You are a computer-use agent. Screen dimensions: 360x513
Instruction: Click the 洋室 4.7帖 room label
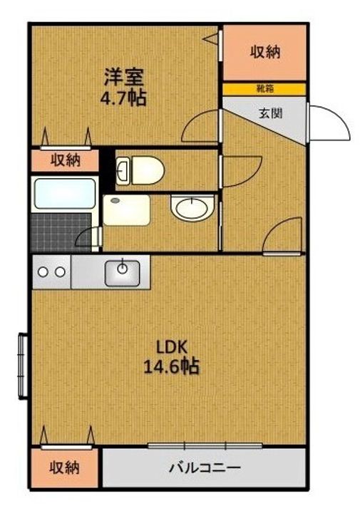(x=123, y=87)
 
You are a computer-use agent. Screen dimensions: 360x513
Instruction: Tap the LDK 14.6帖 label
(x=172, y=357)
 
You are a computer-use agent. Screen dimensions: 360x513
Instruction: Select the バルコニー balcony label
(x=205, y=468)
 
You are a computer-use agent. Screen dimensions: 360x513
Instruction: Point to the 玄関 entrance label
(x=270, y=113)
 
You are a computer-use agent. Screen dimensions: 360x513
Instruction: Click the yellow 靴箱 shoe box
(x=264, y=89)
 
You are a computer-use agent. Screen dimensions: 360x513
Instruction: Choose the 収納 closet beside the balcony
(x=64, y=468)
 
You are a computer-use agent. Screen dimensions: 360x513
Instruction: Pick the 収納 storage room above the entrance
(x=264, y=53)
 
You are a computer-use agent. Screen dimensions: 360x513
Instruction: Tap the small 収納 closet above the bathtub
(x=65, y=160)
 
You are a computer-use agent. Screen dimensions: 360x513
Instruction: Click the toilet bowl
(x=140, y=170)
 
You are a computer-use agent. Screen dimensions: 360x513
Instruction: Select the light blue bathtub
(x=65, y=194)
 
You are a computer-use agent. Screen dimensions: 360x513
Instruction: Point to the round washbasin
(x=192, y=208)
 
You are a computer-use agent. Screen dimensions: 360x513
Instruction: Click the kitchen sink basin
(x=123, y=273)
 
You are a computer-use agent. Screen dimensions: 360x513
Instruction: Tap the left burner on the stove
(x=43, y=272)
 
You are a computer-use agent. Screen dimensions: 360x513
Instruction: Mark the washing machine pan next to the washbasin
(x=127, y=210)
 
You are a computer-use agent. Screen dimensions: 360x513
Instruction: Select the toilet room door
(x=242, y=172)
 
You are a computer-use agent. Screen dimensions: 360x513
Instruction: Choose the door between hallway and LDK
(x=282, y=236)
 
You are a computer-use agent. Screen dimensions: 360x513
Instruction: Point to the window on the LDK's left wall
(x=23, y=366)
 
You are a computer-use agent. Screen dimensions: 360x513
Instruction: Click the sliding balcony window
(x=205, y=445)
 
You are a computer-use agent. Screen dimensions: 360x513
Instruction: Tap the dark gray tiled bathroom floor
(x=61, y=232)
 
